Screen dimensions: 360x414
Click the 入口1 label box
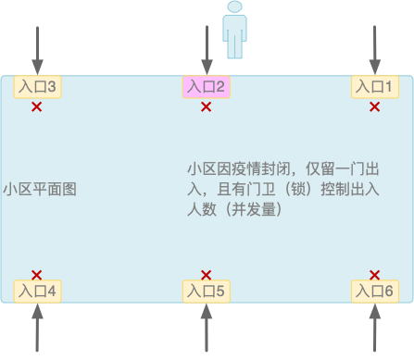tap(375, 87)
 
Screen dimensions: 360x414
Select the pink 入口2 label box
tap(206, 87)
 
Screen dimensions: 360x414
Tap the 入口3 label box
tap(37, 87)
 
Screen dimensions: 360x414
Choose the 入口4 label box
tap(37, 291)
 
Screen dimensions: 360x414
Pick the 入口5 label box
tap(206, 291)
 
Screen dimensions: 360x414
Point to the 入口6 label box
tap(375, 291)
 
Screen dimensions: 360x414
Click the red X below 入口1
tap(375, 107)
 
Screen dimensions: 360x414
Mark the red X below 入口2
tap(206, 107)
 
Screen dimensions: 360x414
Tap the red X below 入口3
tap(37, 107)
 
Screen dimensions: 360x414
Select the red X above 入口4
tap(37, 275)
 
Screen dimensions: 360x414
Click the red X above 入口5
tap(206, 275)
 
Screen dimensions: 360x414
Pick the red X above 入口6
tap(375, 275)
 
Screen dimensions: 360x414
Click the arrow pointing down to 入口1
tap(375, 50)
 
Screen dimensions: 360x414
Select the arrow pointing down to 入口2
tap(206, 50)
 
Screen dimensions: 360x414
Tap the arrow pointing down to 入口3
tap(37, 50)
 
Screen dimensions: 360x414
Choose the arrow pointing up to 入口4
tap(37, 328)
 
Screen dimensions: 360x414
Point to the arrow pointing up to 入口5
tap(206, 328)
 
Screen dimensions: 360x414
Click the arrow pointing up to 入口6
tap(375, 328)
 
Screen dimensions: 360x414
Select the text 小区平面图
tap(39, 189)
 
